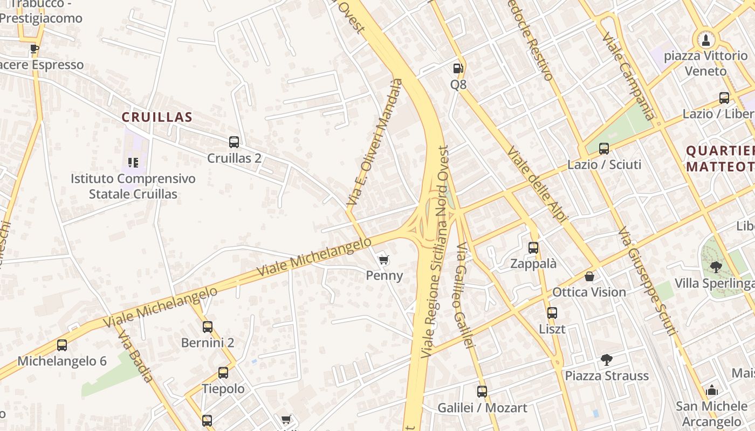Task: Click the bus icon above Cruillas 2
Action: tap(234, 142)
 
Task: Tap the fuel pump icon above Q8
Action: tap(458, 68)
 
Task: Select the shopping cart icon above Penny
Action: tap(383, 260)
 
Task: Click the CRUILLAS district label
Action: tap(157, 117)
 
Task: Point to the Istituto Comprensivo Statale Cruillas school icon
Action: tap(133, 162)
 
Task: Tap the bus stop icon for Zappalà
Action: tap(533, 248)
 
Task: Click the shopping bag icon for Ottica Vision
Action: tap(589, 276)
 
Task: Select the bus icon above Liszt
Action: tap(552, 312)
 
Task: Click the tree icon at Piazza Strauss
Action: tap(606, 359)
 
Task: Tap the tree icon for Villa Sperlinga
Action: tap(716, 267)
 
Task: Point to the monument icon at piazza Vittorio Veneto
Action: tap(705, 39)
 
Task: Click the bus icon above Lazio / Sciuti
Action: tap(604, 148)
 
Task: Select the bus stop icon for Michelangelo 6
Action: tap(62, 345)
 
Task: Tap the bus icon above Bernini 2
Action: tap(208, 326)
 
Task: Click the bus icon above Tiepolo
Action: tap(223, 372)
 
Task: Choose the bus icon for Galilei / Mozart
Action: tap(482, 392)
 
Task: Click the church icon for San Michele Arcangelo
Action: tap(712, 390)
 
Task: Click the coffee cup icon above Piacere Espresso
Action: tap(35, 48)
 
